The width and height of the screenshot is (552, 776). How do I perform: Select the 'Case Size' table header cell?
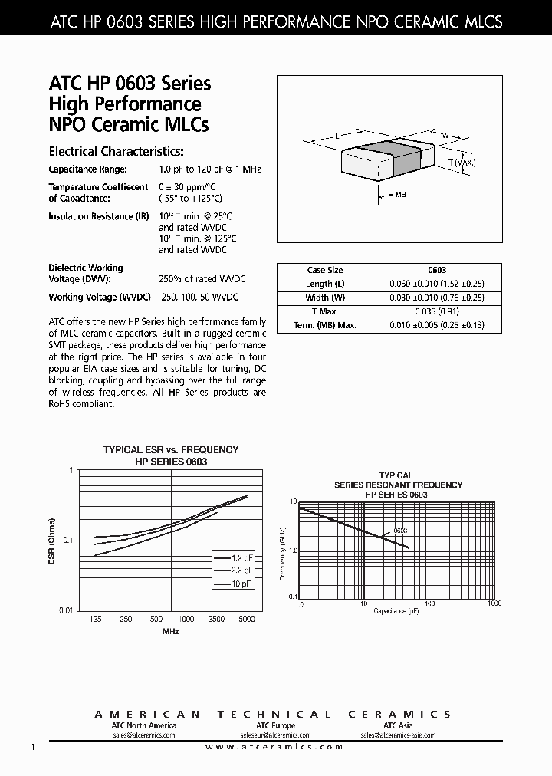tap(325, 270)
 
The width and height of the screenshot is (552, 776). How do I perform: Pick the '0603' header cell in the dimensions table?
tap(436, 270)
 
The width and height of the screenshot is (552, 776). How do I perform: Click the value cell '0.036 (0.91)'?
tap(436, 311)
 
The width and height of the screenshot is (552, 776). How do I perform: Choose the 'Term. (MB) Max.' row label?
tap(325, 325)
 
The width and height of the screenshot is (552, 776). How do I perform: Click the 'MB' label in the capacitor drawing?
tap(400, 195)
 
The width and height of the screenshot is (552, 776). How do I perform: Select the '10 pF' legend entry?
tap(242, 584)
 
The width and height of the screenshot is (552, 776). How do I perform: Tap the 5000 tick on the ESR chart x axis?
tap(248, 619)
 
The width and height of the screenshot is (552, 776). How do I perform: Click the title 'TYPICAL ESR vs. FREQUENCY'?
tap(171, 449)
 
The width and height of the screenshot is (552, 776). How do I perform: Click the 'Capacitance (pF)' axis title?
tap(397, 611)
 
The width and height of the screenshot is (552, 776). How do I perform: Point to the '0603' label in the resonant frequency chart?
tap(400, 531)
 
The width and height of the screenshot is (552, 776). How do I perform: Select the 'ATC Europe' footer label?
tap(275, 725)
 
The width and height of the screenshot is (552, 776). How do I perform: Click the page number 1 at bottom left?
tap(32, 747)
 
